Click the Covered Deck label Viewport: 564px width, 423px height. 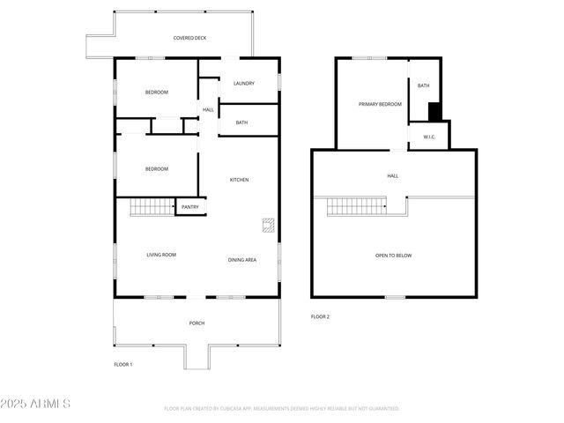coord(189,38)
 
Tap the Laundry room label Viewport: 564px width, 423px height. coord(244,84)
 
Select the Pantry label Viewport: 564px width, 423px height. coord(190,207)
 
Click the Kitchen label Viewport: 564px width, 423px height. coord(239,180)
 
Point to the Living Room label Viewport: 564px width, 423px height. coord(161,255)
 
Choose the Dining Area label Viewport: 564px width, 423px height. coord(242,259)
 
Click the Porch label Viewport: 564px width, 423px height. coord(197,323)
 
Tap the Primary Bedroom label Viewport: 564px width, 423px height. coord(380,104)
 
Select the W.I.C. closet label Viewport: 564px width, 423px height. coord(430,137)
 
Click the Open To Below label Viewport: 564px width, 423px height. coord(393,256)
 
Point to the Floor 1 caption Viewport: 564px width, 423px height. coord(122,364)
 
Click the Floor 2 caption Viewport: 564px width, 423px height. coord(320,316)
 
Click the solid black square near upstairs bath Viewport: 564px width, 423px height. coord(434,112)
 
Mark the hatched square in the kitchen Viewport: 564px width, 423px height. coord(266,224)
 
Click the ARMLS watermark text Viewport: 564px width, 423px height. coord(36,404)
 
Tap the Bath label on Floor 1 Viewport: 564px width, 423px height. coord(241,122)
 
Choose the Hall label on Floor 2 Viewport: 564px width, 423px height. coord(392,175)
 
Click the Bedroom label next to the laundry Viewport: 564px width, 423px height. coord(157,93)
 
